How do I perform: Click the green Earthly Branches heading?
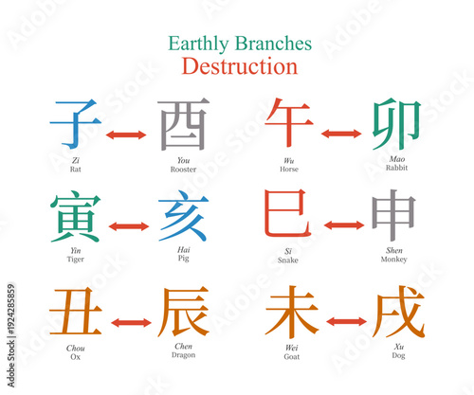click(x=239, y=44)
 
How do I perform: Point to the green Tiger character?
click(x=76, y=216)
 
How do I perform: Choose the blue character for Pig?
click(x=183, y=216)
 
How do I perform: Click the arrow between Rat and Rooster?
click(x=130, y=135)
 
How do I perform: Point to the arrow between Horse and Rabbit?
click(x=343, y=135)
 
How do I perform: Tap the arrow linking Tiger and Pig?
click(x=130, y=226)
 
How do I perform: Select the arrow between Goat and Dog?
click(x=343, y=322)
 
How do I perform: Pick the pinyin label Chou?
click(x=76, y=348)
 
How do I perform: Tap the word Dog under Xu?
click(x=396, y=357)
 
